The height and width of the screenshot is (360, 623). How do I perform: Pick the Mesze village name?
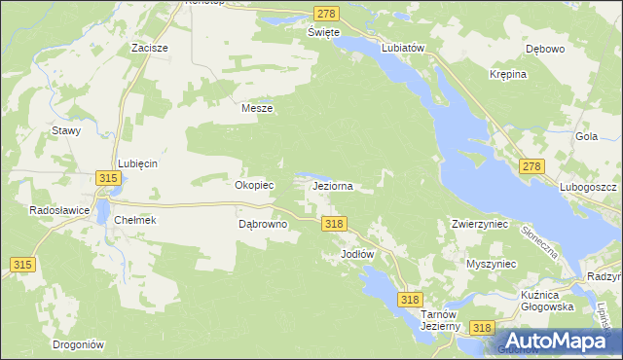click(x=257, y=109)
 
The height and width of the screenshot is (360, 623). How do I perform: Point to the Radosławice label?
click(x=60, y=209)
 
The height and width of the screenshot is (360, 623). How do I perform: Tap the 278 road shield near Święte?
click(x=326, y=13)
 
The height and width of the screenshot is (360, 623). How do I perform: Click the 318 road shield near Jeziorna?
click(x=333, y=224)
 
